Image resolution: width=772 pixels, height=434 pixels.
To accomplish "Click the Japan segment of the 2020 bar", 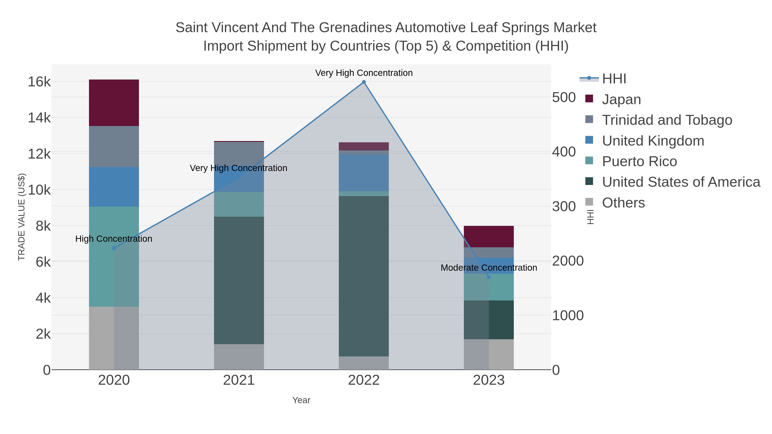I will click(114, 103).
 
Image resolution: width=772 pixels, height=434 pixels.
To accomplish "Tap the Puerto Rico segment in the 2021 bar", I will click(239, 204).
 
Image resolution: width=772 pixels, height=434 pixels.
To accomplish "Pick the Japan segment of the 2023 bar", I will click(489, 236).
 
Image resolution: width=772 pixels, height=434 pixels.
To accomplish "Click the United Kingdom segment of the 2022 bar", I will click(363, 173).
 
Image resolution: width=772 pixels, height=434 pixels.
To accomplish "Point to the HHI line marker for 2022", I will click(363, 82).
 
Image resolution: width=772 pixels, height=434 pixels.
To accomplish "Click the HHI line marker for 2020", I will click(114, 248).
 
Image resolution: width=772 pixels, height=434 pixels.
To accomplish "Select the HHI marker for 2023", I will click(489, 277).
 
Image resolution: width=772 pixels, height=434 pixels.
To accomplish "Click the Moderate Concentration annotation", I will click(489, 267).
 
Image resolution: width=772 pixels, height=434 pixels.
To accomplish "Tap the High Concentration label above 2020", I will click(114, 239).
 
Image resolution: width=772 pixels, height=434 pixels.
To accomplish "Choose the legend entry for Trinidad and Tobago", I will click(666, 120).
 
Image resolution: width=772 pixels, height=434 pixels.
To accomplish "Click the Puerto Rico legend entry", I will click(639, 161).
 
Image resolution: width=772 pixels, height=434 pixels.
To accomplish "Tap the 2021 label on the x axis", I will click(239, 380).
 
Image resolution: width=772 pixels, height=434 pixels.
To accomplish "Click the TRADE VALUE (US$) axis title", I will click(22, 217).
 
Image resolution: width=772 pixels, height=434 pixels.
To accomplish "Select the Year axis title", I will click(301, 400).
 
